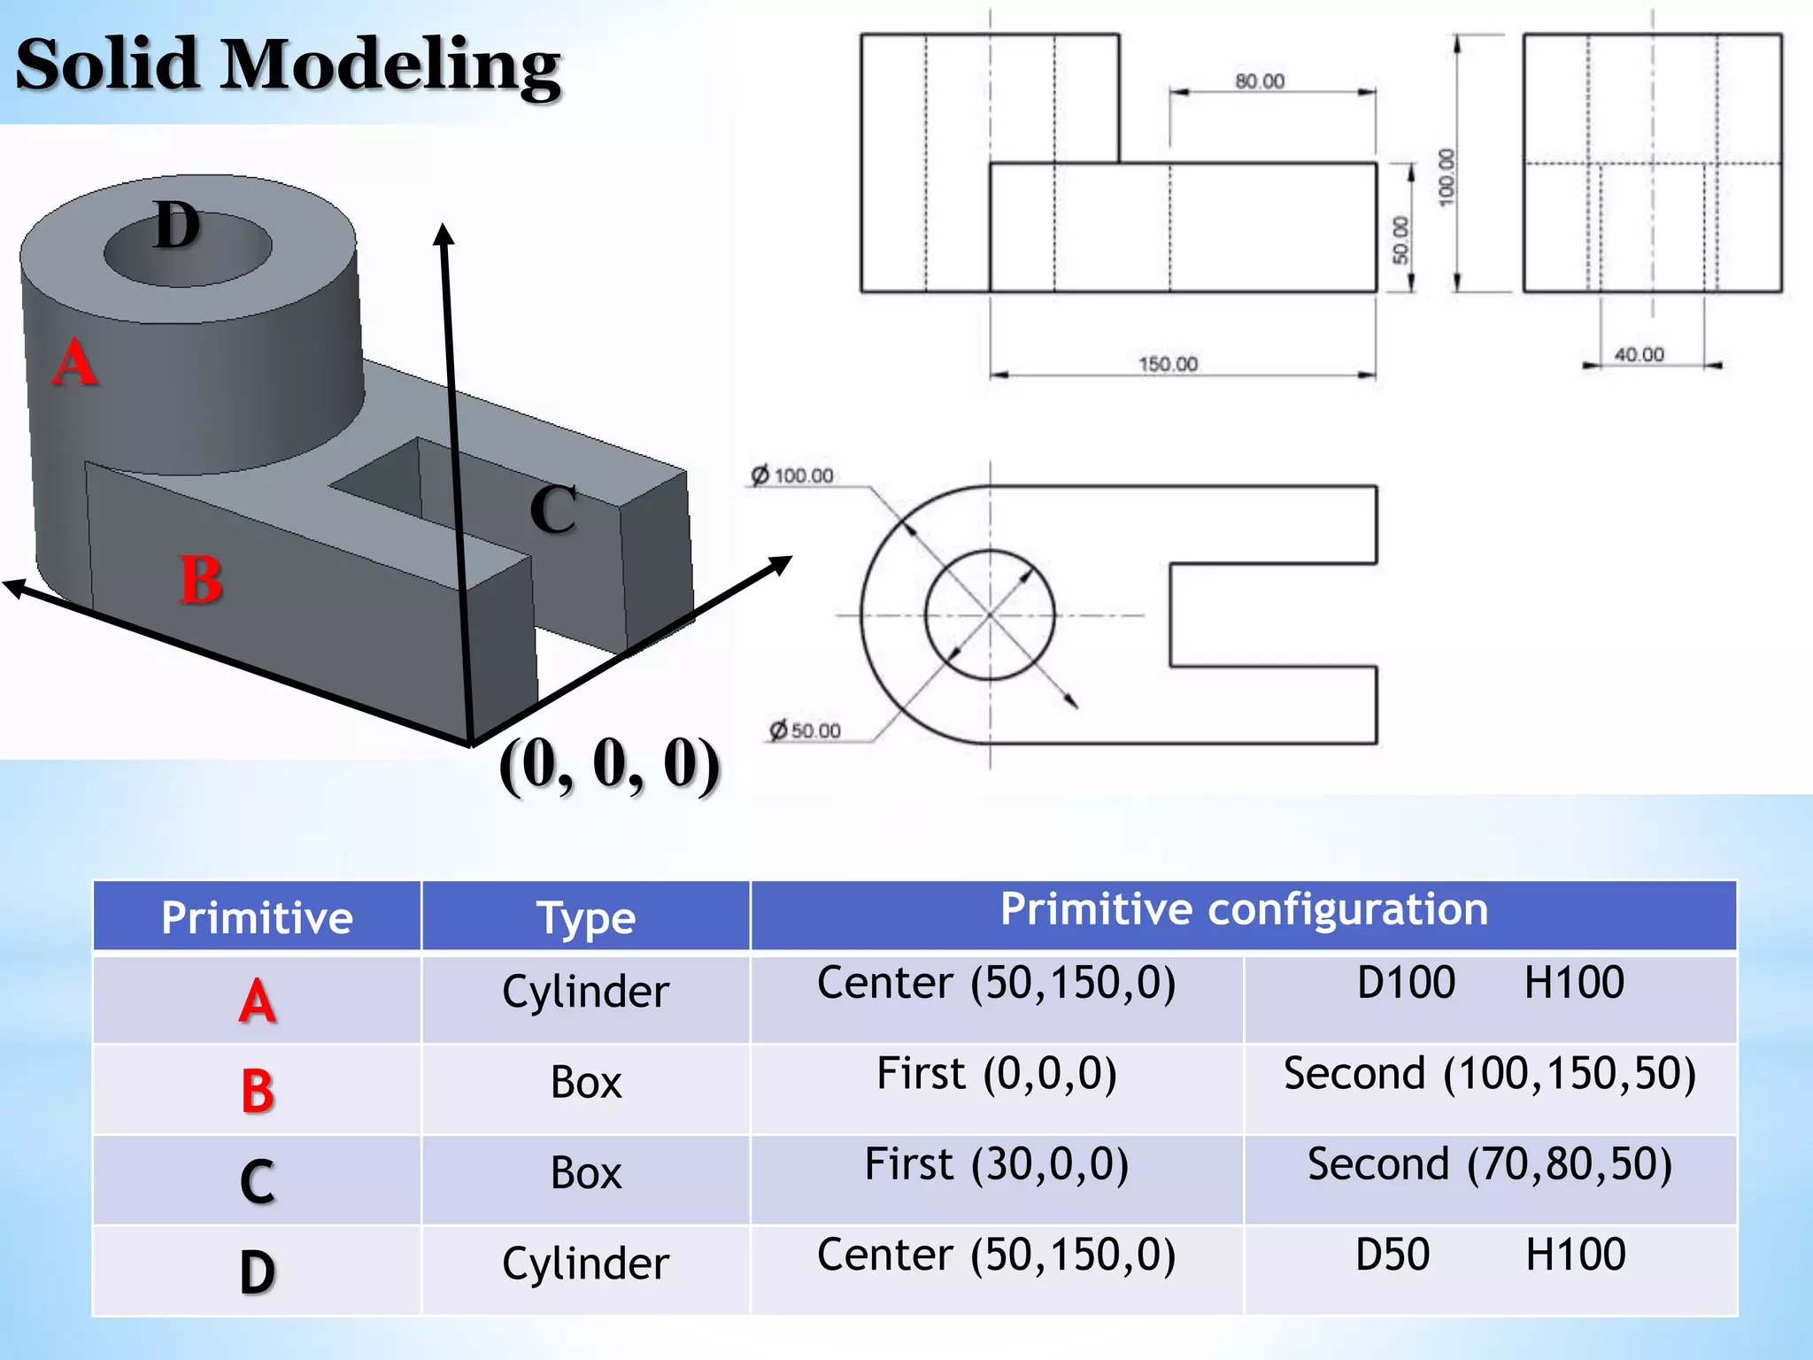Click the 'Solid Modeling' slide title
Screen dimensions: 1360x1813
pos(288,64)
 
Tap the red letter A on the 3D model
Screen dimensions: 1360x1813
pos(74,363)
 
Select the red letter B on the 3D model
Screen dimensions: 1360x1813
pos(201,580)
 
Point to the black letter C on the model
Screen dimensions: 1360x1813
pos(553,509)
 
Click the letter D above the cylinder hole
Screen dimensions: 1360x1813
pos(177,225)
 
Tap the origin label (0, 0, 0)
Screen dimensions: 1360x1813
pos(609,763)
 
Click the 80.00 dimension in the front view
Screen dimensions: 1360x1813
pos(1260,81)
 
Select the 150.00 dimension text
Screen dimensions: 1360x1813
pos(1168,364)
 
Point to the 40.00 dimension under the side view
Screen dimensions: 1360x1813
pos(1639,354)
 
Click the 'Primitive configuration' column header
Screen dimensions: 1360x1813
pos(1244,909)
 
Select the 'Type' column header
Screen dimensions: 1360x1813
pos(586,918)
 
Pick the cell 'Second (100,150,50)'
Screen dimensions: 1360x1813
pos(1490,1074)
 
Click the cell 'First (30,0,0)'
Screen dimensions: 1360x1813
pos(997,1164)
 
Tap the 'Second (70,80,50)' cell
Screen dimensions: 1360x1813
pos(1490,1164)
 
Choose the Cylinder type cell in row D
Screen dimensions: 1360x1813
pos(586,1263)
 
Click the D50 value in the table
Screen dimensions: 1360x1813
pos(1393,1255)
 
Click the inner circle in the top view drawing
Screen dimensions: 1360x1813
pos(990,552)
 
